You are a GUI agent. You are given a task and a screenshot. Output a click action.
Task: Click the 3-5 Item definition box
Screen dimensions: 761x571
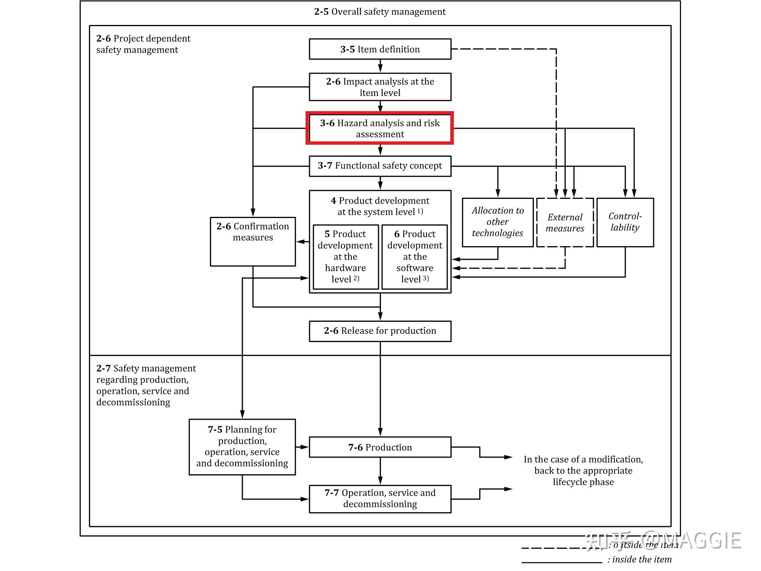tap(380, 49)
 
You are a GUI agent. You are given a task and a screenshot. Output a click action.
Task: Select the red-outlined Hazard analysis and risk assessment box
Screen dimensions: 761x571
tap(380, 128)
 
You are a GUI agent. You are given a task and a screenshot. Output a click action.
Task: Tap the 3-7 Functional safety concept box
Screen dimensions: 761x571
tap(380, 166)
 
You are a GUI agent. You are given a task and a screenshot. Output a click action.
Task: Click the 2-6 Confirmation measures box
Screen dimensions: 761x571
tap(253, 242)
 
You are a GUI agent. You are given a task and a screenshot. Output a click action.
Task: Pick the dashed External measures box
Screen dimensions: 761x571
tap(565, 222)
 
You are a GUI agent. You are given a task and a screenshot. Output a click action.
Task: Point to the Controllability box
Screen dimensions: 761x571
tap(625, 222)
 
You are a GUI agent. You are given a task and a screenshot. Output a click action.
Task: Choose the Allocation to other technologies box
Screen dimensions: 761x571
tap(498, 222)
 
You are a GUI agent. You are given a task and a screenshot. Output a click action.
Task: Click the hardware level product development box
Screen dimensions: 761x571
tap(346, 257)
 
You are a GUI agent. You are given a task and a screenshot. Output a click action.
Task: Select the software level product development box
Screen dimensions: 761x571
tap(414, 257)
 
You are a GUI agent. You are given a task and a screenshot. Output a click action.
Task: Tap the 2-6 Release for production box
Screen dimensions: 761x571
tap(380, 331)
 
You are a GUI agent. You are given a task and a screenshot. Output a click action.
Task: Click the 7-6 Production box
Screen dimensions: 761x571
tap(380, 447)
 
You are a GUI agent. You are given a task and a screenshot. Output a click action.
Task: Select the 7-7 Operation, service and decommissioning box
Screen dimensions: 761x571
tap(380, 499)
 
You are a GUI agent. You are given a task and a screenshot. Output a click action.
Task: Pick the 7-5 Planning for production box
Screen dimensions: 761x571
tap(242, 447)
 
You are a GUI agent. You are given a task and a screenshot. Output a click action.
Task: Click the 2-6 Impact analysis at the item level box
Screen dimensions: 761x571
tap(380, 87)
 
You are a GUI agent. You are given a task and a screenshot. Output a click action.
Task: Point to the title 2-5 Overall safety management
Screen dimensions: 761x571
tap(380, 12)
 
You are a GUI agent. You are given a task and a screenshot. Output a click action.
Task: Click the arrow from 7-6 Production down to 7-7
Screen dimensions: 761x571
tap(380, 471)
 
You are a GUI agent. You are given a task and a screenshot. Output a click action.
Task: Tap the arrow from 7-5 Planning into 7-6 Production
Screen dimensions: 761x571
tap(302, 447)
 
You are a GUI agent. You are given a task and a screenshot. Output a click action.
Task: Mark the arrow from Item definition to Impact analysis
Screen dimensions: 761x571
tap(380, 66)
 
